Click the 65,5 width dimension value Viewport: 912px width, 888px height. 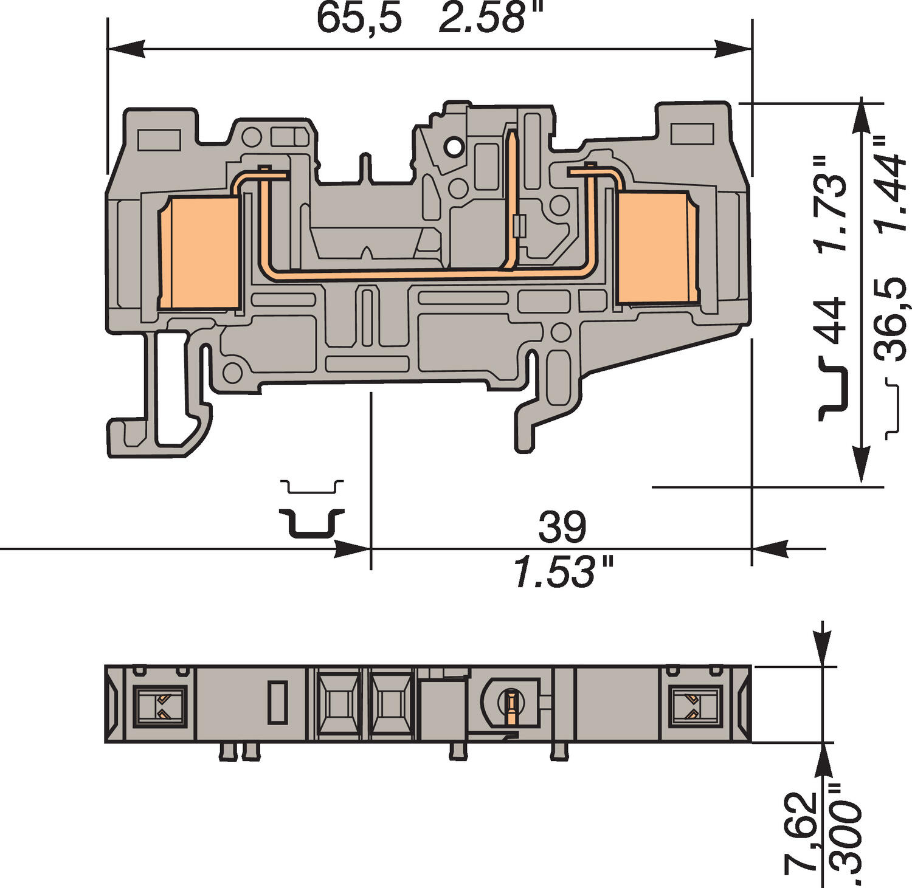pos(359,18)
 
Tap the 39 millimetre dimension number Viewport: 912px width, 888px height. pos(562,528)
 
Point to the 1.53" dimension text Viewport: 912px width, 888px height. pos(563,573)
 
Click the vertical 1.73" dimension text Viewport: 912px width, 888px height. pos(831,204)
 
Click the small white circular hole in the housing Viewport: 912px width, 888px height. pos(453,146)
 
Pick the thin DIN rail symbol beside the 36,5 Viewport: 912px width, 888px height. pos(892,408)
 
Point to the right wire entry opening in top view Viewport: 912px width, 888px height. pos(694,706)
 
